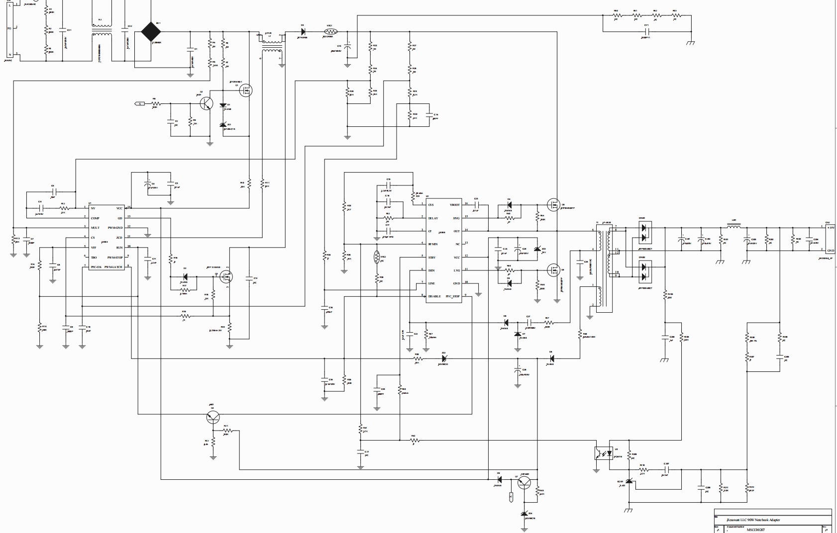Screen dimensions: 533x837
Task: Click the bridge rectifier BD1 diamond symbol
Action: [151, 32]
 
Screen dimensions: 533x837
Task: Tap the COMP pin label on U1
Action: [95, 218]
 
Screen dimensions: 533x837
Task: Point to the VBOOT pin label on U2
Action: [455, 204]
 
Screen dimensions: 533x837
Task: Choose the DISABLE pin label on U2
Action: [434, 296]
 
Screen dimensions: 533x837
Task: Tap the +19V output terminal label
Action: [830, 227]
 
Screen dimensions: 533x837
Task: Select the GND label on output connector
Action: [830, 251]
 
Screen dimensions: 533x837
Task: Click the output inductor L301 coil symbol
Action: [733, 228]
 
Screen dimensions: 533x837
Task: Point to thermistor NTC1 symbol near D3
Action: [331, 32]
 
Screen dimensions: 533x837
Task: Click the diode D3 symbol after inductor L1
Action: [303, 32]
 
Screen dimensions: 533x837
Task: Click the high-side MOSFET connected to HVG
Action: [552, 204]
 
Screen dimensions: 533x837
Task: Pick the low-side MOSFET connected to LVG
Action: [552, 270]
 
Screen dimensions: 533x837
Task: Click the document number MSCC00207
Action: [755, 530]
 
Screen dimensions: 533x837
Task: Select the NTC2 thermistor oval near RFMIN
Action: [377, 257]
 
